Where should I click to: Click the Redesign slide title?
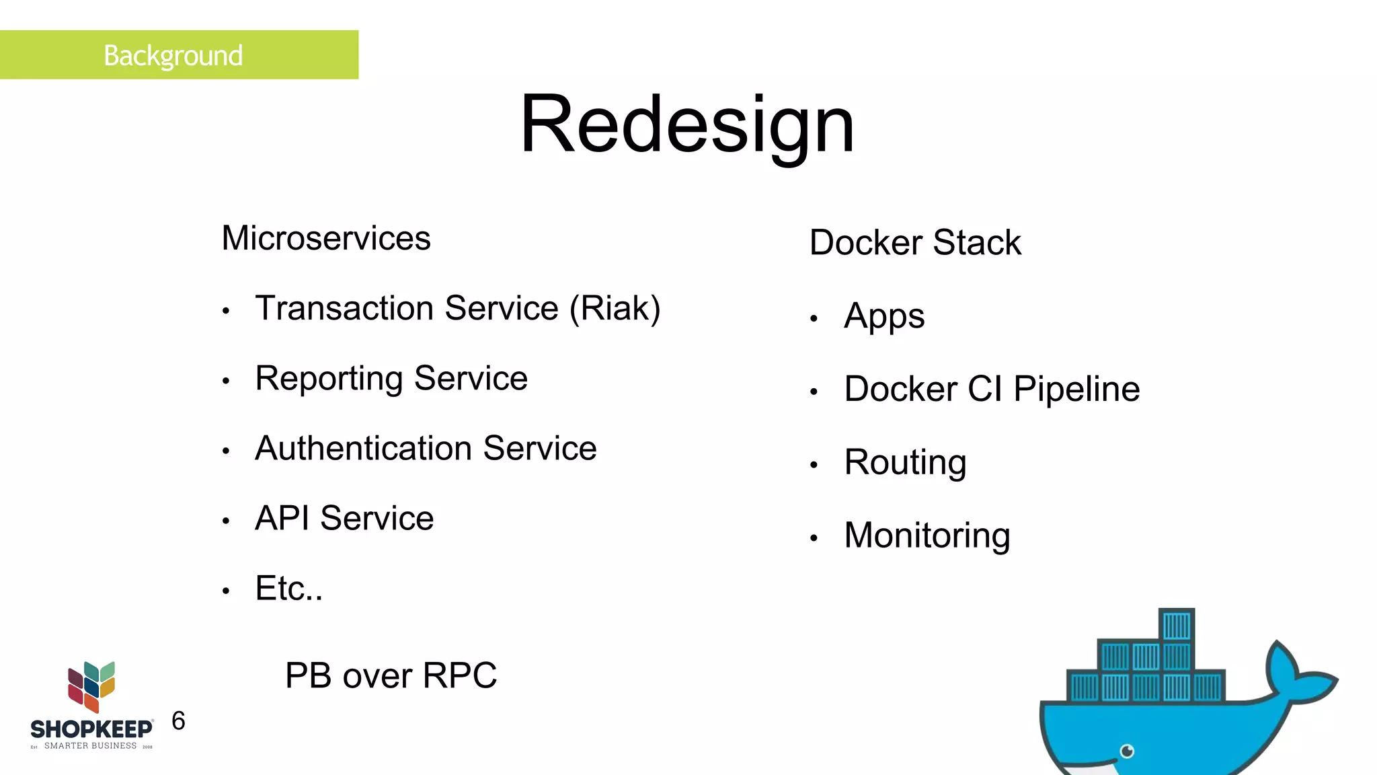pos(687,125)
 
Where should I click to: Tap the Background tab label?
pos(173,55)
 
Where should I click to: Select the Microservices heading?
pos(326,238)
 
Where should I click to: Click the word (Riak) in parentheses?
pos(615,309)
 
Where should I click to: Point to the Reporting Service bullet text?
pos(391,378)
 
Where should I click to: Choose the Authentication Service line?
pos(426,448)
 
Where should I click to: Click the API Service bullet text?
pos(344,518)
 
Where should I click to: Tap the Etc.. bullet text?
pos(289,589)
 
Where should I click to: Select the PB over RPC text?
pos(391,675)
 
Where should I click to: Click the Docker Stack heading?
pos(915,243)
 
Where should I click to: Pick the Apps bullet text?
pos(884,316)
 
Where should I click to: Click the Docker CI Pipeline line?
pos(992,390)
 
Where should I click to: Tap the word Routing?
pos(905,463)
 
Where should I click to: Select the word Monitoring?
pos(927,536)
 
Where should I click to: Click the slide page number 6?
pos(178,721)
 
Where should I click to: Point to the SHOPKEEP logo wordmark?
pos(91,729)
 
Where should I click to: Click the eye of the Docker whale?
pos(1128,751)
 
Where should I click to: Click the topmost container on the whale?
pos(1177,626)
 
